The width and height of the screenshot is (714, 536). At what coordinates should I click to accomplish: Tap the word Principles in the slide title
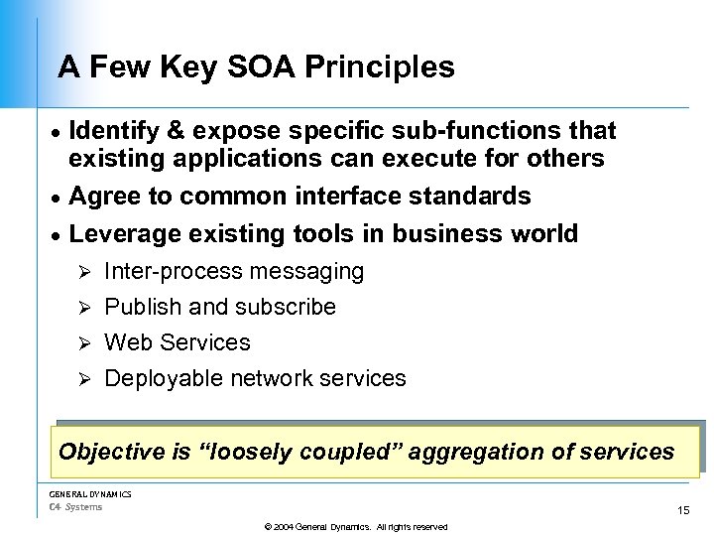pyautogui.click(x=380, y=67)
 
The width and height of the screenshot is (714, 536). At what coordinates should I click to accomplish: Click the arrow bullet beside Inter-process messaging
pyautogui.click(x=84, y=272)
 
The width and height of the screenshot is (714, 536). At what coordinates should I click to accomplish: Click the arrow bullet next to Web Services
pyautogui.click(x=84, y=343)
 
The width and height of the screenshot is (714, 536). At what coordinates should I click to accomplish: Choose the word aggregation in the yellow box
pyautogui.click(x=475, y=453)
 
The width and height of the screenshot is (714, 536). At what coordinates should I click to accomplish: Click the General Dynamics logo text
pyautogui.click(x=90, y=494)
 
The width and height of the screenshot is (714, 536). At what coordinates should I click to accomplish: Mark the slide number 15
pyautogui.click(x=683, y=510)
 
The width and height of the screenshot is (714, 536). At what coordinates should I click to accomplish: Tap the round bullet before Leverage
pyautogui.click(x=57, y=235)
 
